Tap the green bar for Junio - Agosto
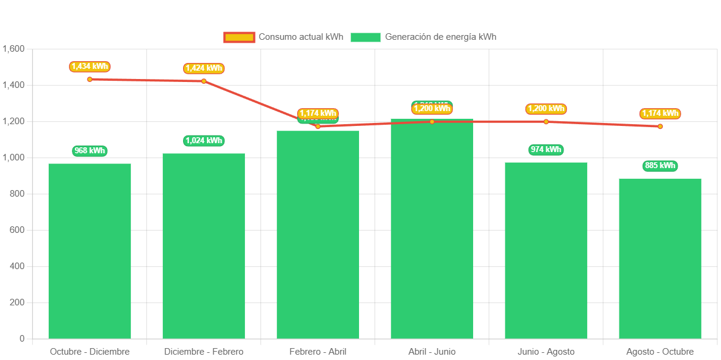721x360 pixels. pyautogui.click(x=546, y=250)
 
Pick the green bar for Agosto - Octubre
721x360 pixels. pyautogui.click(x=660, y=258)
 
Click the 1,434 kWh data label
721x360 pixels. pyautogui.click(x=90, y=67)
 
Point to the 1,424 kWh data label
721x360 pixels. pyautogui.click(x=204, y=68)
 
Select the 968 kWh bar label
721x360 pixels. pyautogui.click(x=90, y=150)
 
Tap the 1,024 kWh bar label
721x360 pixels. pyautogui.click(x=204, y=141)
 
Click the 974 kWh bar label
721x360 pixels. pyautogui.click(x=546, y=149)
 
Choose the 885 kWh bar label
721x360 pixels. pyautogui.click(x=660, y=166)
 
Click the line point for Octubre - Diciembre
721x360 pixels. pyautogui.click(x=90, y=79)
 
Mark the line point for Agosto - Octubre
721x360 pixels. pyautogui.click(x=660, y=127)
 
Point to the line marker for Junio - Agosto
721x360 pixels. pyautogui.click(x=546, y=122)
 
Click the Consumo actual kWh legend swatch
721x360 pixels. pyautogui.click(x=239, y=37)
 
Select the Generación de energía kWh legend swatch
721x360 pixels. pyautogui.click(x=365, y=37)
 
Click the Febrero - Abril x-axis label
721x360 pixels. pyautogui.click(x=318, y=352)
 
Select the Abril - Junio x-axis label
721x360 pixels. pyautogui.click(x=432, y=352)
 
